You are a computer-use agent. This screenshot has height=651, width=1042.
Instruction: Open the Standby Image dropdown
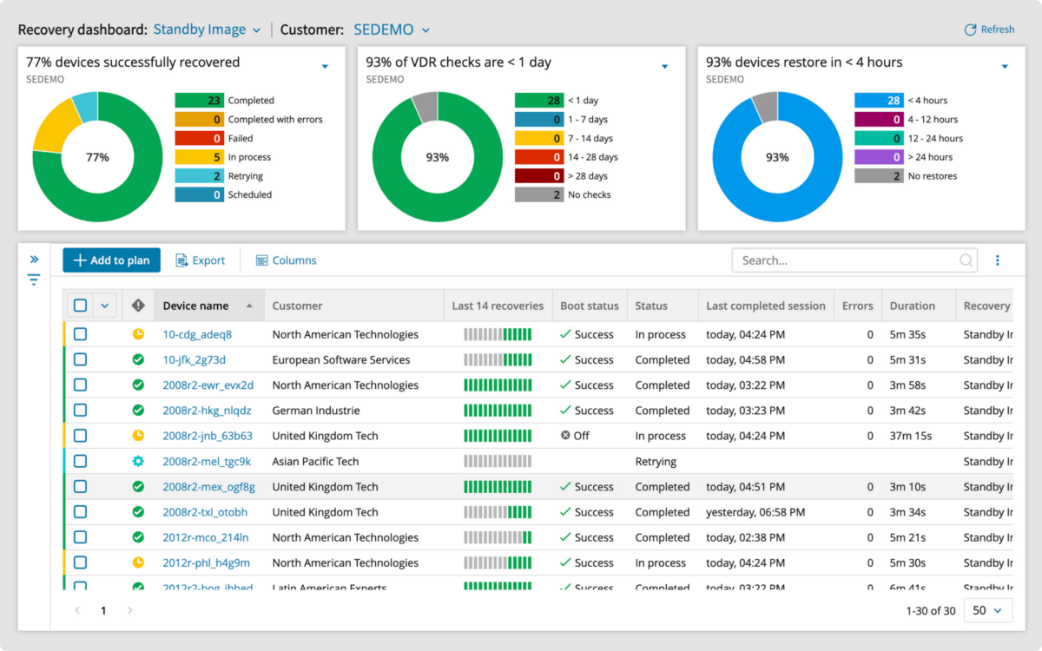pos(207,30)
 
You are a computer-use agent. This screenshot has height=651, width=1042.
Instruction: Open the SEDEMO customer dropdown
pos(391,30)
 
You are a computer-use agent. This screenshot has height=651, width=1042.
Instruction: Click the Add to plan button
pos(111,260)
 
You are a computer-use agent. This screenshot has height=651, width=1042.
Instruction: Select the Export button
pos(201,260)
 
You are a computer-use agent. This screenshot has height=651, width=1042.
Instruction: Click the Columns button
pos(286,260)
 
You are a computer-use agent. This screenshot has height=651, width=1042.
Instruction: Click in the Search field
pos(847,260)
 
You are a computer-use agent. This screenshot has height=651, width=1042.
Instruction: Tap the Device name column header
pos(196,306)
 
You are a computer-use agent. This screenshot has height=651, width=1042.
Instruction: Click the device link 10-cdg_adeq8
pos(197,334)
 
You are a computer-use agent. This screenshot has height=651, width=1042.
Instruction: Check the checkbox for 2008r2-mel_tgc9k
pos(80,461)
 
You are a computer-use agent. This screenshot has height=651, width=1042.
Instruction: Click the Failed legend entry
pos(240,138)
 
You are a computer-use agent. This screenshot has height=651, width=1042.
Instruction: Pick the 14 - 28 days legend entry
pos(592,157)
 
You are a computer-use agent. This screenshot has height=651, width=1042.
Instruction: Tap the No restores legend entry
pos(932,176)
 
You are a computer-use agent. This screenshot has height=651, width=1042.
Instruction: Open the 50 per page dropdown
pos(987,611)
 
